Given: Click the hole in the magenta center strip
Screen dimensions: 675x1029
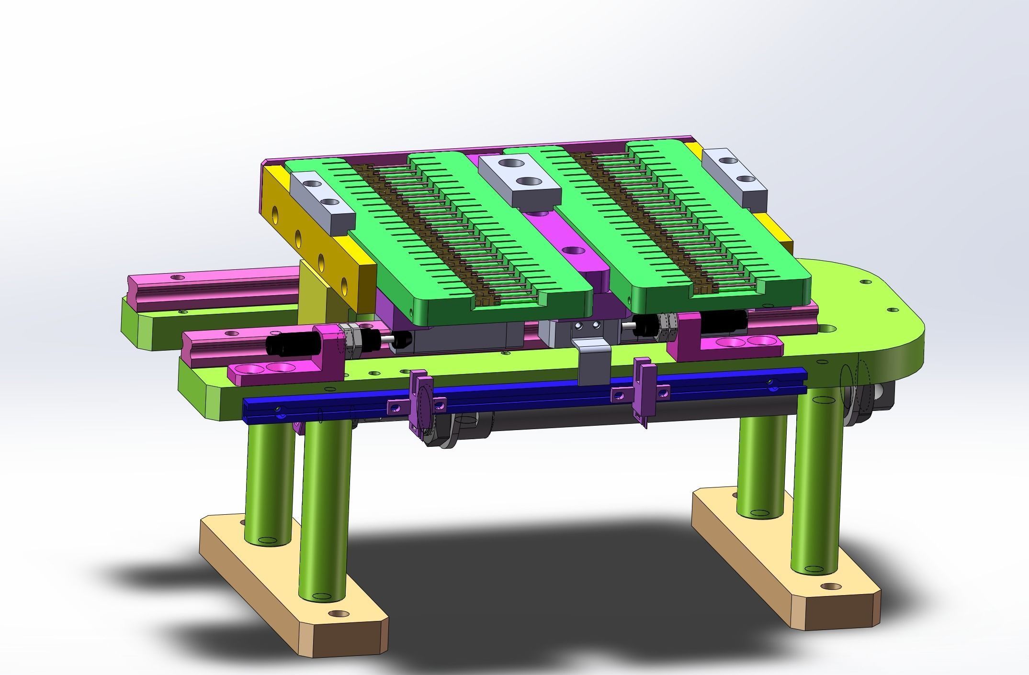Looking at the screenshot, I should coord(573,250).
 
